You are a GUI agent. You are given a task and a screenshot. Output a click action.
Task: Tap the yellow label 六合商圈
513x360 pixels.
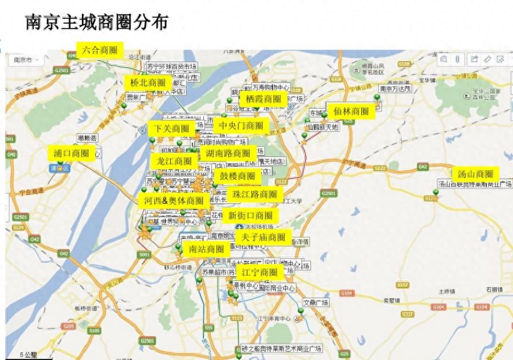[100, 50]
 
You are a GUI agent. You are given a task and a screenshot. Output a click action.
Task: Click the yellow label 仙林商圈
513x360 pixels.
[351, 112]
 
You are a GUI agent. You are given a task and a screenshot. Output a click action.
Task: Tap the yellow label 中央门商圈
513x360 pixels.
[240, 126]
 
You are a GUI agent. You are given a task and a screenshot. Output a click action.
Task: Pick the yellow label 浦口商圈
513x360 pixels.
[71, 153]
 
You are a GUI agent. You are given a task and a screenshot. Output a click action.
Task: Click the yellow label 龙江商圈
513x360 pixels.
[174, 161]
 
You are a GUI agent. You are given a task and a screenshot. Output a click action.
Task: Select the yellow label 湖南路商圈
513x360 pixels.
[228, 153]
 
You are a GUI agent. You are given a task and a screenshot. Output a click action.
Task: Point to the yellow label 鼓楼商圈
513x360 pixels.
[237, 176]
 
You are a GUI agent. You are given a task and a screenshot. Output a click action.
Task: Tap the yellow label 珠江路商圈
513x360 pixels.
[254, 195]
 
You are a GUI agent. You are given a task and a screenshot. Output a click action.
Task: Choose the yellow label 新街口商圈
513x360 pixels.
[250, 216]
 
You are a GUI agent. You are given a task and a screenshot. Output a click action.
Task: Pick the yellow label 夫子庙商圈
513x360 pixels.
[263, 237]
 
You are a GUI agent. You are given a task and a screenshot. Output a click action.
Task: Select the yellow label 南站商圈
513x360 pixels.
[206, 249]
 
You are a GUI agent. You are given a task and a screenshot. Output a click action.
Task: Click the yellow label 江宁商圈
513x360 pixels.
[260, 272]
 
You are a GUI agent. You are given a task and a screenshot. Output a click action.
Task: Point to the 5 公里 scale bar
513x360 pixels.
[28, 355]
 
